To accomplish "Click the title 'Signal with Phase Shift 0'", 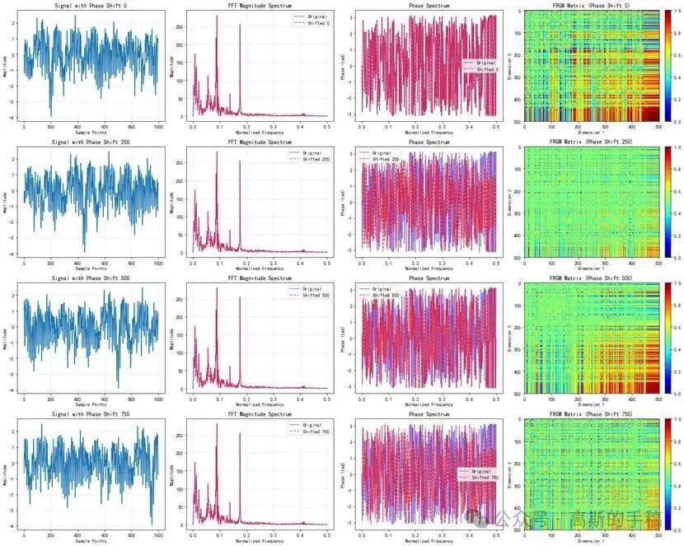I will (x=90, y=6).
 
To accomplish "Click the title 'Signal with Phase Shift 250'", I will (x=90, y=142).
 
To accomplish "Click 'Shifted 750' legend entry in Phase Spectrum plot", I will (x=486, y=478).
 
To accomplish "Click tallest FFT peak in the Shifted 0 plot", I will (x=217, y=16).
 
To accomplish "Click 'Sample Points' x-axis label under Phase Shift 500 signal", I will (x=90, y=404).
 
